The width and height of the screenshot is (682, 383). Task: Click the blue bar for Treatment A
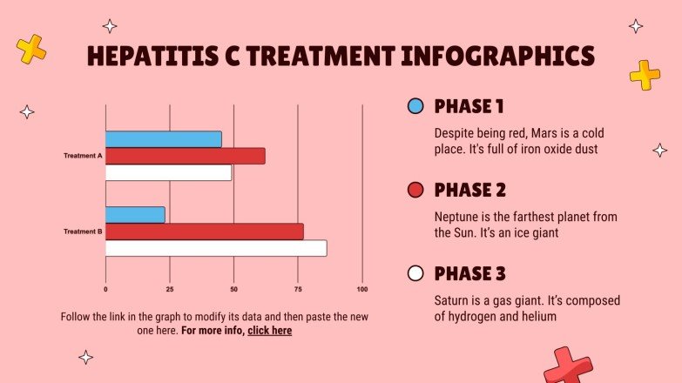163,139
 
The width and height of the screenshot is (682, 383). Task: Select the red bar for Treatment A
185,156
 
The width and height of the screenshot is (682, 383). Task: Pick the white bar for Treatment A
168,172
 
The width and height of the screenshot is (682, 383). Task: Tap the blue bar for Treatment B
135,214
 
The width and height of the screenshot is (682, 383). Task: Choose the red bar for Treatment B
204,232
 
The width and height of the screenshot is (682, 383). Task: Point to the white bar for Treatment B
216,248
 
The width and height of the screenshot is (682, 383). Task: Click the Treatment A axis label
83,157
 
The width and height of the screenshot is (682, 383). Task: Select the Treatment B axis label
83,232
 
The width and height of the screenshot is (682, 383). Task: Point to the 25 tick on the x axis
170,289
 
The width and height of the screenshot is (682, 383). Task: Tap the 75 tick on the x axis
298,289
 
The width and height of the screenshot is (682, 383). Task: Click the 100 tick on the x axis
362,289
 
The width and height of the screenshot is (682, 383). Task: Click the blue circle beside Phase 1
415,106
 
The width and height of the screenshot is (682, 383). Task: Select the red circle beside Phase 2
415,190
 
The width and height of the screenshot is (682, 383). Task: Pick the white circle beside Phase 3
415,273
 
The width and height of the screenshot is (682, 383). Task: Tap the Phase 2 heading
469,190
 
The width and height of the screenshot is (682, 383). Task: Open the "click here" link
269,331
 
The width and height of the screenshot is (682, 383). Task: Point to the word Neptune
455,217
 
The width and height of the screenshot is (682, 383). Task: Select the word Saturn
452,300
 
